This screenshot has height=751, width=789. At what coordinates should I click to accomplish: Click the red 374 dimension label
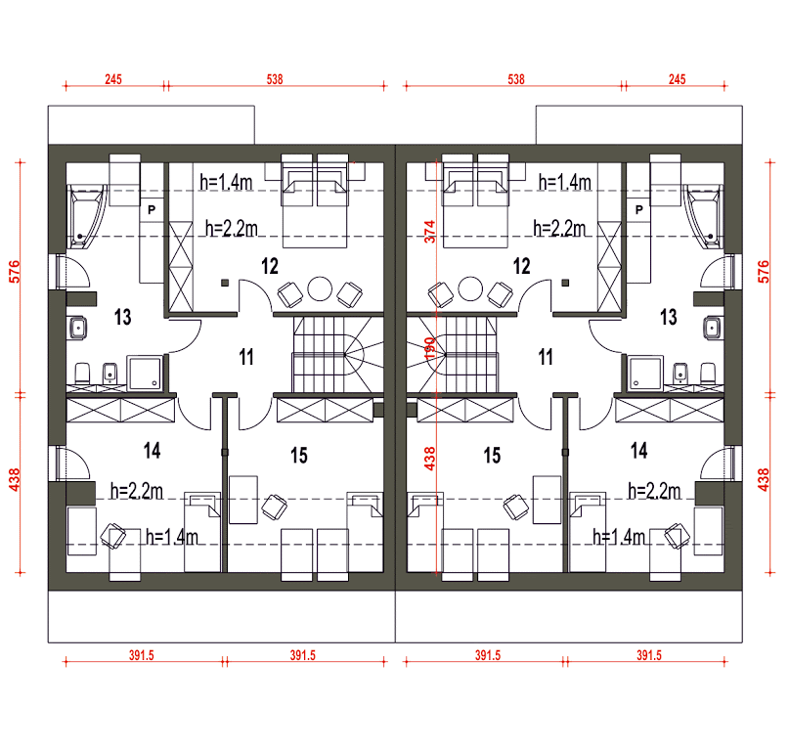[x=429, y=232]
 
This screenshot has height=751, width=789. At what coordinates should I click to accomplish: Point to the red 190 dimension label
[x=429, y=348]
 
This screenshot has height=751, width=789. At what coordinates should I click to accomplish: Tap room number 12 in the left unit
[x=270, y=266]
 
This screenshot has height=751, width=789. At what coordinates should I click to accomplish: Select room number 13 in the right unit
[x=668, y=317]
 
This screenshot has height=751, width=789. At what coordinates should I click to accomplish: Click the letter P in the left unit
[x=152, y=210]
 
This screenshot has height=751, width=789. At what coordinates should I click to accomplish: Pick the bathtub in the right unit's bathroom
[x=704, y=216]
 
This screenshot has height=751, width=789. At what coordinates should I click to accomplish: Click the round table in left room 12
[x=320, y=288]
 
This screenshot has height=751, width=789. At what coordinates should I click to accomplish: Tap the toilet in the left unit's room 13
[x=82, y=374]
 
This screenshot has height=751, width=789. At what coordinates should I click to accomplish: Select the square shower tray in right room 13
[x=645, y=373]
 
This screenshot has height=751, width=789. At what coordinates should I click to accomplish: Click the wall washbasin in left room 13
[x=77, y=329]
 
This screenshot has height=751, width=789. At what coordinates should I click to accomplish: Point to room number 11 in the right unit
[x=546, y=357]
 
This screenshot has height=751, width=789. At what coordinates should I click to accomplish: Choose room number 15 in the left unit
[x=299, y=456]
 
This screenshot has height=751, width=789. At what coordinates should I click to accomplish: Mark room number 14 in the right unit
[x=639, y=451]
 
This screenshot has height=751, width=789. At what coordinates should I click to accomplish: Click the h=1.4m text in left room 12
[x=226, y=182]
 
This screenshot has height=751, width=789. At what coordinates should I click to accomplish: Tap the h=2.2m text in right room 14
[x=654, y=491]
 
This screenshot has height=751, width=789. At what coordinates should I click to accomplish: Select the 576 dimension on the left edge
[x=15, y=271]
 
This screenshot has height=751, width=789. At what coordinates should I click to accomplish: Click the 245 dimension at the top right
[x=677, y=79]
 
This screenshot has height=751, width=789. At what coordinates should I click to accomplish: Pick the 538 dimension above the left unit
[x=275, y=79]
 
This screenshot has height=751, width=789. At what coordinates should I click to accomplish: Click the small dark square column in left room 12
[x=225, y=283]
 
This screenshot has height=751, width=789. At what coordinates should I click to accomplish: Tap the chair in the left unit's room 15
[x=274, y=507]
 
